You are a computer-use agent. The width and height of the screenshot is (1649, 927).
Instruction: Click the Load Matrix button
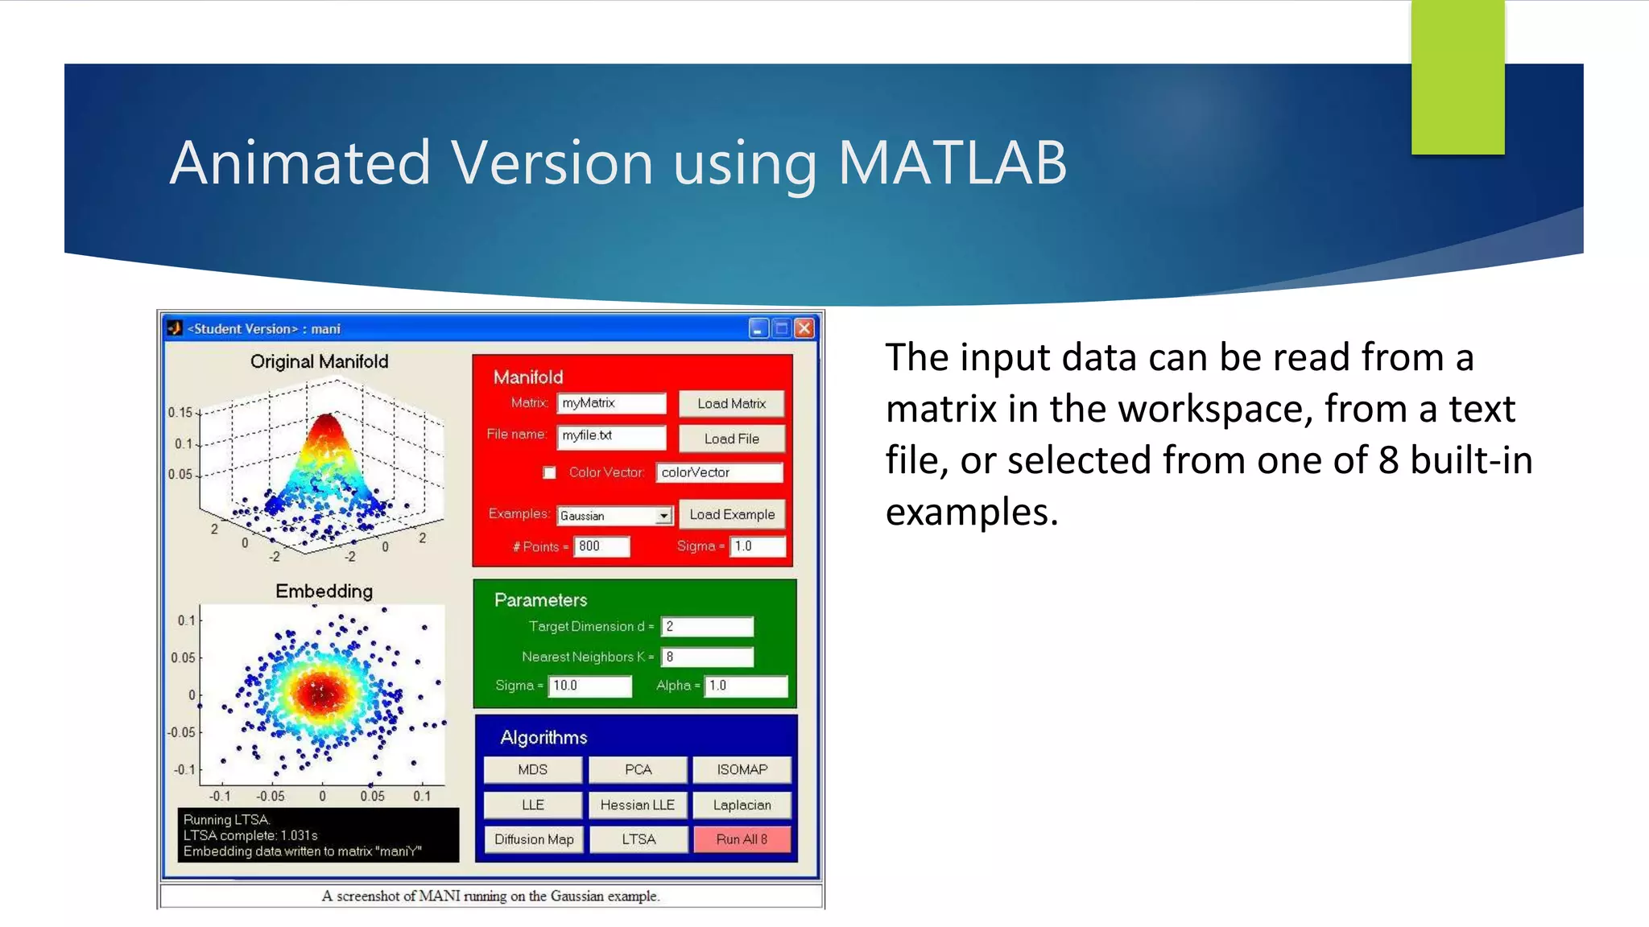[x=731, y=403]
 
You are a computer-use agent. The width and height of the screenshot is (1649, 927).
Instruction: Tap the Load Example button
[x=731, y=514]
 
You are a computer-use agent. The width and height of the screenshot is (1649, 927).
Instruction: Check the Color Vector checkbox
[x=549, y=472]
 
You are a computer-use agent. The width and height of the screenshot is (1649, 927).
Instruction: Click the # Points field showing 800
[x=601, y=546]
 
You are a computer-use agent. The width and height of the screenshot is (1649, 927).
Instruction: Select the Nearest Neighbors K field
[x=707, y=657]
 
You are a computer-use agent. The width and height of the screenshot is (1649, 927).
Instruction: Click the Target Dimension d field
[x=707, y=626]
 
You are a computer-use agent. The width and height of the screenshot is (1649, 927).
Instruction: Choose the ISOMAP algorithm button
[x=742, y=769]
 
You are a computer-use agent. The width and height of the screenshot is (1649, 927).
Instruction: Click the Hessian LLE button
[x=637, y=805]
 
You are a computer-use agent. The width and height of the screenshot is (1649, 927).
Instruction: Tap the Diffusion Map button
[x=533, y=839]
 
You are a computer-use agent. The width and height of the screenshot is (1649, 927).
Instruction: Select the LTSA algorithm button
[x=638, y=839]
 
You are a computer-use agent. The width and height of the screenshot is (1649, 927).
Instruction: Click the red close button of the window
[x=804, y=328]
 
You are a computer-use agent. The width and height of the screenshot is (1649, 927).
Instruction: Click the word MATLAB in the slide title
[x=952, y=163]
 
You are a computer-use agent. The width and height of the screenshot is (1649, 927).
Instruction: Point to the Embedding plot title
[x=324, y=591]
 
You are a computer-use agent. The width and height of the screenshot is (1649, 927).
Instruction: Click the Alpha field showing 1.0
[x=746, y=686]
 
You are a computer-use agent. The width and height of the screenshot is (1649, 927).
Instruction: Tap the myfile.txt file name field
[x=610, y=436]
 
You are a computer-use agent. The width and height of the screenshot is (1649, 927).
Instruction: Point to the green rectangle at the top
[x=1457, y=77]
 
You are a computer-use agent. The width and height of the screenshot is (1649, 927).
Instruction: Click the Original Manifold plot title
[x=319, y=361]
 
